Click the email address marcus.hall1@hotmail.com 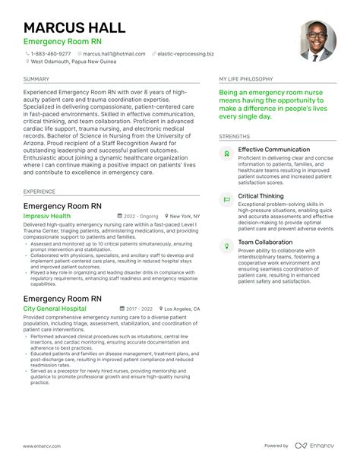(114, 54)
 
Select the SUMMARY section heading (36, 79)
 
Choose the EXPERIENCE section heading (39, 192)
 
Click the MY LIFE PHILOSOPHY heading (248, 79)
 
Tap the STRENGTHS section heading (235, 137)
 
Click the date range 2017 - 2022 (140, 289)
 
